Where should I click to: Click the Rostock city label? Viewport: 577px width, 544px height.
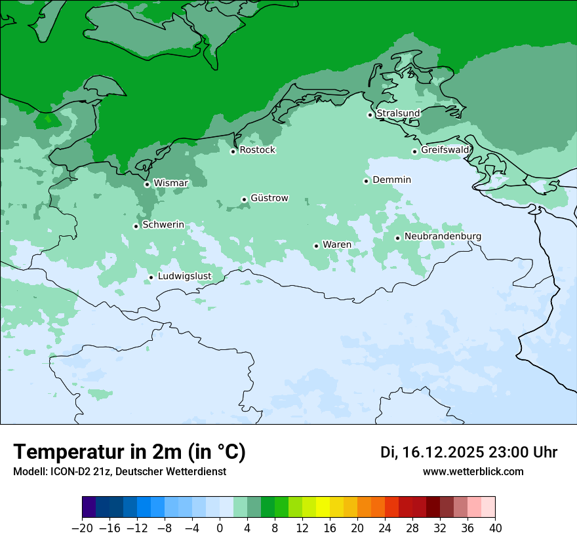point(257,150)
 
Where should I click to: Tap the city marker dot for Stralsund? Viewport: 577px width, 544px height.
point(370,115)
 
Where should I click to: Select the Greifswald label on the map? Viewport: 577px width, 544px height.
point(445,150)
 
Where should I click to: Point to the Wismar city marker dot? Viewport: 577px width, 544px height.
point(147,184)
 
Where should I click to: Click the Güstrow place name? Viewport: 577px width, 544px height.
point(269,198)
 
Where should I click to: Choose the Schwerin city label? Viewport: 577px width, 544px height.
point(163,225)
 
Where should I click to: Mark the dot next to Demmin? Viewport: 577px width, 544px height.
point(366,181)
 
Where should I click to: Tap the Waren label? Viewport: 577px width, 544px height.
point(336,244)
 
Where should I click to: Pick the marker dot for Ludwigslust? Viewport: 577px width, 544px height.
point(151,277)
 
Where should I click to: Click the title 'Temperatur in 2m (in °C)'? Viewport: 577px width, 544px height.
point(129,452)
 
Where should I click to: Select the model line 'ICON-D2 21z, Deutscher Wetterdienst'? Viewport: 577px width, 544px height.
point(119,471)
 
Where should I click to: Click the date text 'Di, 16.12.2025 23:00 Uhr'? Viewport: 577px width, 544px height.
point(469,452)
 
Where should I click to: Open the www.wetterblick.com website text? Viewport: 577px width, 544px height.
point(473,471)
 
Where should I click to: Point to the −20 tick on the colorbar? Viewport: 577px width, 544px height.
point(82,528)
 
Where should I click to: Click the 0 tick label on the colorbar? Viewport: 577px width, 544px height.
point(220,528)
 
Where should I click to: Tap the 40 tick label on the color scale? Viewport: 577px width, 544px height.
point(495,528)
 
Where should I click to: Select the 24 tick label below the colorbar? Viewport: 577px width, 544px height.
point(385,528)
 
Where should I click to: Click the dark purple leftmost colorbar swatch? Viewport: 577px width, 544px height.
point(89,507)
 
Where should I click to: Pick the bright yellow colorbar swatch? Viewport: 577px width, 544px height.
point(323,507)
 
